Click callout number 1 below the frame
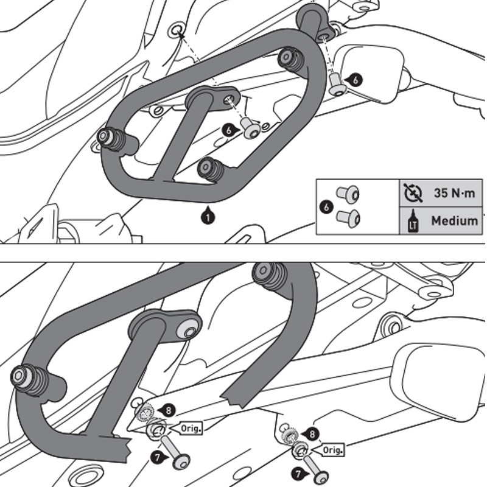pyautogui.click(x=208, y=215)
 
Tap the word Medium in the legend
pyautogui.click(x=454, y=220)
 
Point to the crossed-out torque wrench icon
pyautogui.click(x=412, y=194)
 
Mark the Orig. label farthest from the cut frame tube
pyautogui.click(x=332, y=450)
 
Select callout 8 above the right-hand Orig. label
pyautogui.click(x=312, y=434)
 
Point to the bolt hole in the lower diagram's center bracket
pyautogui.click(x=188, y=331)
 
